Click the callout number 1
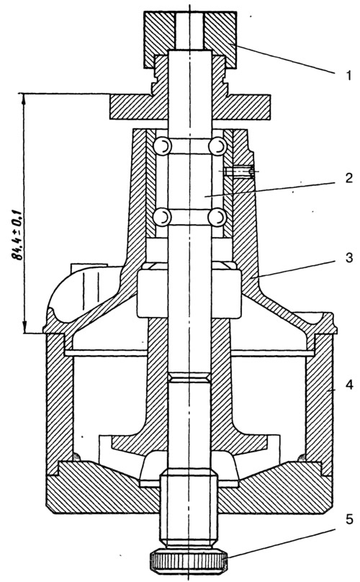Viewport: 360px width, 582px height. tap(348, 76)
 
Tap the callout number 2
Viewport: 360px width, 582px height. tap(348, 179)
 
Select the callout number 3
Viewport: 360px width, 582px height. tap(348, 257)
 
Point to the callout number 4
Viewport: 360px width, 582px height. tap(348, 385)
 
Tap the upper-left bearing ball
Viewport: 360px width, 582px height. tap(162, 146)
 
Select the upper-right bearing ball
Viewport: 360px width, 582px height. tap(217, 146)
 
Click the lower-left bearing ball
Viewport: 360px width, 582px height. tap(162, 217)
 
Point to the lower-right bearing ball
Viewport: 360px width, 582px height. tap(217, 217)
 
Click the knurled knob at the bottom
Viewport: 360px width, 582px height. tap(189, 559)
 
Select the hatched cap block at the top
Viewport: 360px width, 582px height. tap(189, 40)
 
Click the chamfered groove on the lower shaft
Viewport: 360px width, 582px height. tap(189, 378)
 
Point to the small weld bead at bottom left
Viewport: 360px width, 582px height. tap(76, 457)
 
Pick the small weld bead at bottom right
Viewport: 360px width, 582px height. tap(302, 457)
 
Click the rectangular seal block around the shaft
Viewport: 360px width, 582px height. tap(189, 294)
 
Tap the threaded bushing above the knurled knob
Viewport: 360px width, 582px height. tap(189, 509)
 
